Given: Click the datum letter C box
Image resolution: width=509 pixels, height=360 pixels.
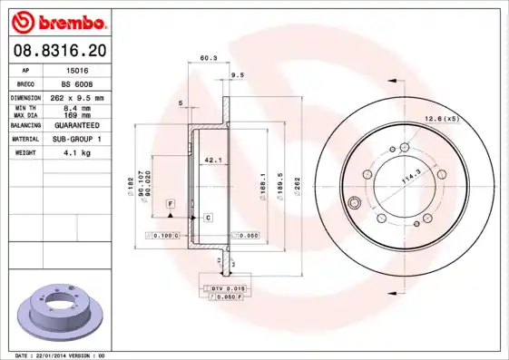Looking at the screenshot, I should [208, 218].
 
